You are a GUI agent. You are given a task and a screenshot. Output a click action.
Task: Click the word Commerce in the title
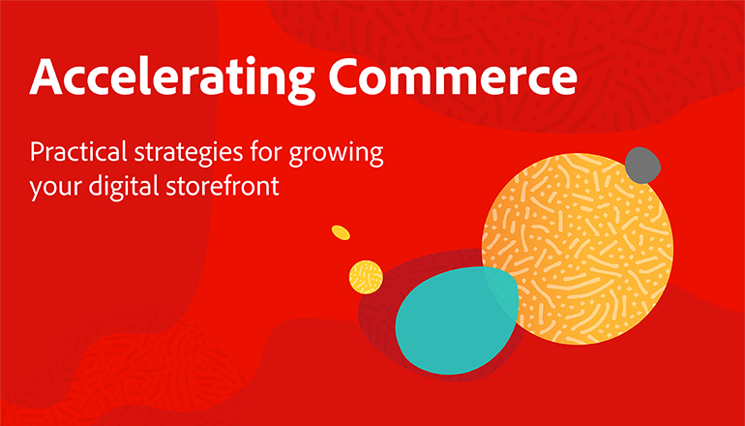pyautogui.click(x=454, y=76)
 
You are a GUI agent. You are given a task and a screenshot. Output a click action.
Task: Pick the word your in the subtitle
pyautogui.click(x=56, y=188)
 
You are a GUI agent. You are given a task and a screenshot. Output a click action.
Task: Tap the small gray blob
pyautogui.click(x=642, y=166)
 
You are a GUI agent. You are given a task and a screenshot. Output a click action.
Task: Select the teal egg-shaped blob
pyautogui.click(x=456, y=319)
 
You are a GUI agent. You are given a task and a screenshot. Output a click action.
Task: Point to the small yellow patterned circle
pyautogui.click(x=366, y=277)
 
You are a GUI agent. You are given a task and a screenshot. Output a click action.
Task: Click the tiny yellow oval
pyautogui.click(x=341, y=232)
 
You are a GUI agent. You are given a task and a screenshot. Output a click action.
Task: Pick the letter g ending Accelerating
pyautogui.click(x=301, y=85)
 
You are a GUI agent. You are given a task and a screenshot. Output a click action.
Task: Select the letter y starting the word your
pyautogui.click(x=37, y=190)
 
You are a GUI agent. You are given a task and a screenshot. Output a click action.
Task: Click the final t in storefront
pyautogui.click(x=274, y=187)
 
